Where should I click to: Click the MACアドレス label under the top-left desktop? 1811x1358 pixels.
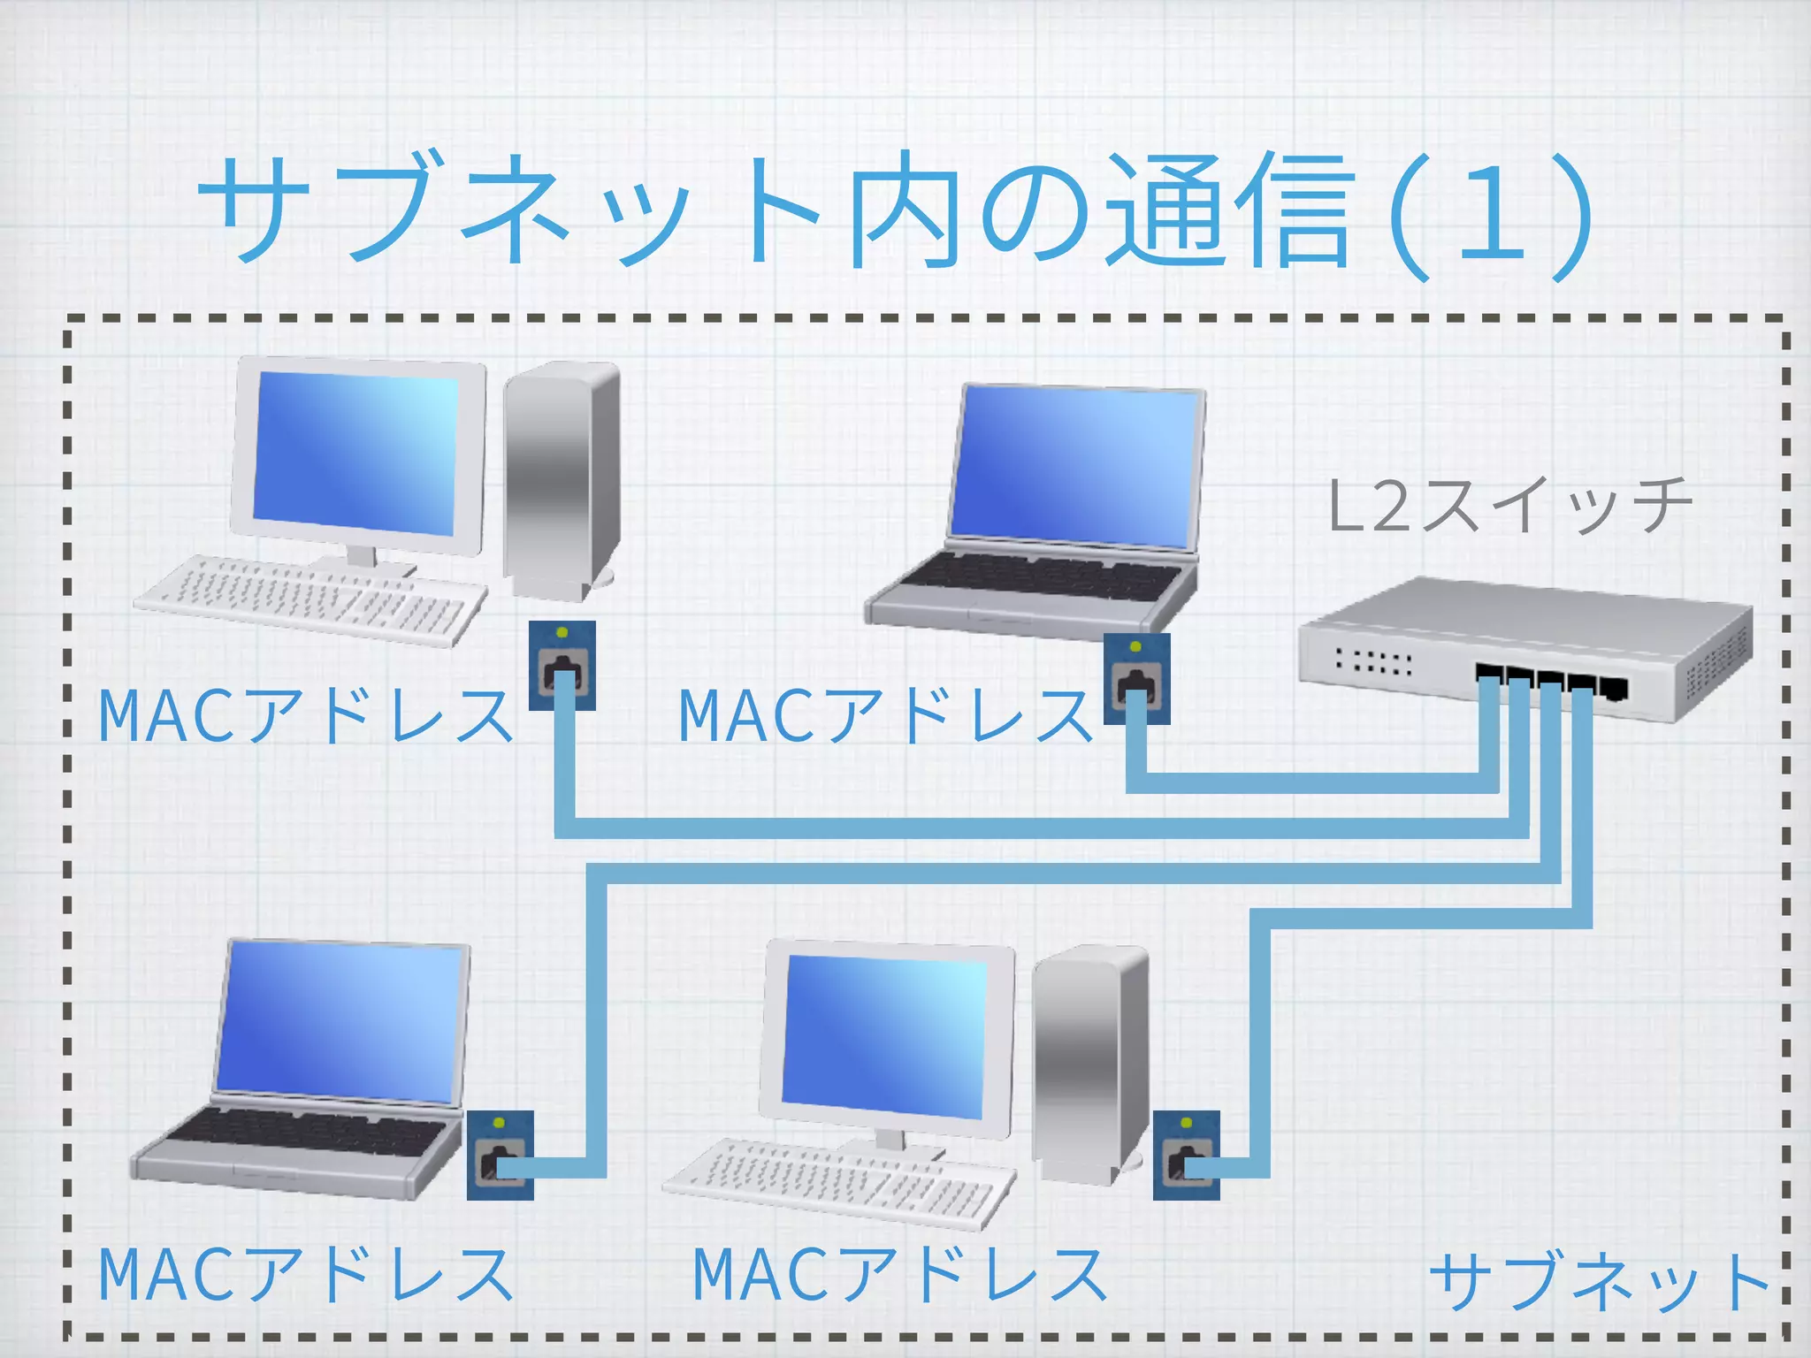(x=305, y=716)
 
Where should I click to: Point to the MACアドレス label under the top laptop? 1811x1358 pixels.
(x=884, y=716)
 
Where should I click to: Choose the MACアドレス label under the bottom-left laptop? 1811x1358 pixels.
(x=305, y=1275)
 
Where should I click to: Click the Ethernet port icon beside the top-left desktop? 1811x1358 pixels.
(x=562, y=665)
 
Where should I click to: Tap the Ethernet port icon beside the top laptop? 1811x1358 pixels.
(x=1136, y=678)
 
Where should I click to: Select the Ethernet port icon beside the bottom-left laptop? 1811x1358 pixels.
(x=501, y=1155)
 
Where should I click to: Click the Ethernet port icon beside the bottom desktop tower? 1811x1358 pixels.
(x=1186, y=1155)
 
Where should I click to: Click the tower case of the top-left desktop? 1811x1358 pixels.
(x=561, y=477)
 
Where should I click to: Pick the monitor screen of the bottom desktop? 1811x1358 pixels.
(x=884, y=1034)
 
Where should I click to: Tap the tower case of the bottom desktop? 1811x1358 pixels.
(x=1089, y=1061)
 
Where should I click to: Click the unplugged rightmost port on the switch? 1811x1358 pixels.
(x=1614, y=688)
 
